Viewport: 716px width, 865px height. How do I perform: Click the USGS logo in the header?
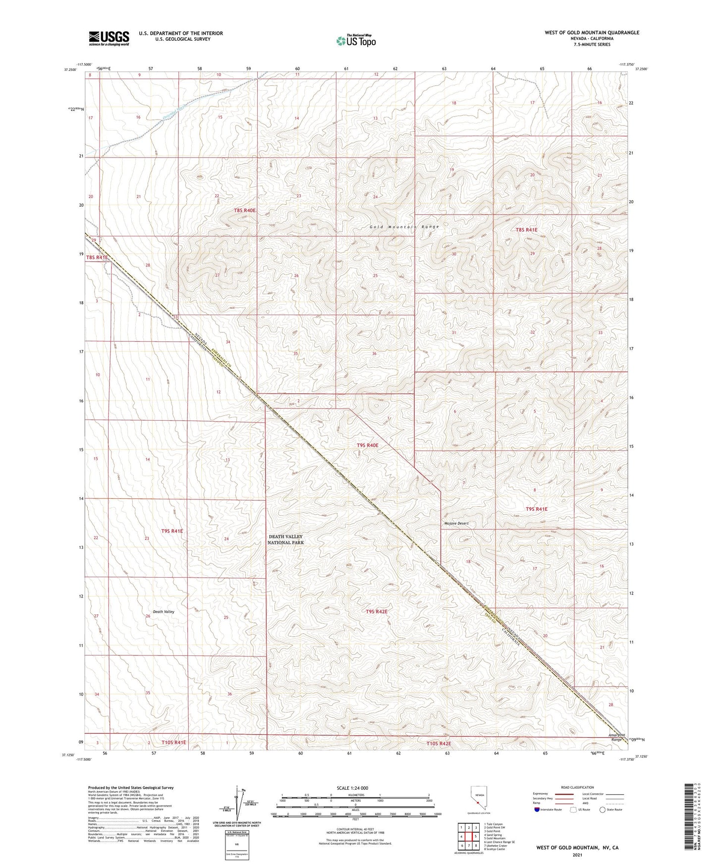(x=109, y=38)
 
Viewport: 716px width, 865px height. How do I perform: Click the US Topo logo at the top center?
(x=355, y=41)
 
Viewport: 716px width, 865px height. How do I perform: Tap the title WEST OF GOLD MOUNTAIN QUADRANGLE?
(x=592, y=33)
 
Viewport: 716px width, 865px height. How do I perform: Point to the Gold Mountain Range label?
(x=404, y=227)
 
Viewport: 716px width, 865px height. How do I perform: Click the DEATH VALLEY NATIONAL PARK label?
(x=285, y=540)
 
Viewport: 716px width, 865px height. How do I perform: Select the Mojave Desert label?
(x=456, y=523)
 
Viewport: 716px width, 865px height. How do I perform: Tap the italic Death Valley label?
(x=164, y=612)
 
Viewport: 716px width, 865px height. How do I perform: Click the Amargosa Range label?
(x=616, y=737)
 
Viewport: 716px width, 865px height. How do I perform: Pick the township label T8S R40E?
(x=245, y=211)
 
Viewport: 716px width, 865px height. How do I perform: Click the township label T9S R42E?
(x=377, y=612)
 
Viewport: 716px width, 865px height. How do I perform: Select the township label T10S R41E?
(x=173, y=743)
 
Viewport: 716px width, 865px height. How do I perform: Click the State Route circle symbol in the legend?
(x=603, y=810)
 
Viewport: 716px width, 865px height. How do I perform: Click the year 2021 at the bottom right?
(x=577, y=855)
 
